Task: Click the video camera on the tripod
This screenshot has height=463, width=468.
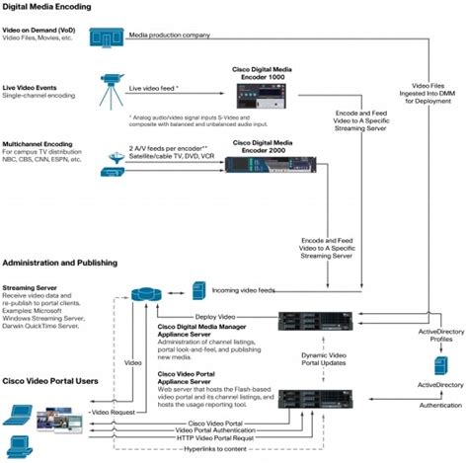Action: (110, 85)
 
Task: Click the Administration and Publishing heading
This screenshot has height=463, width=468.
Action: (60, 264)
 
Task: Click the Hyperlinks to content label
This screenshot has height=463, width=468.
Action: (204, 450)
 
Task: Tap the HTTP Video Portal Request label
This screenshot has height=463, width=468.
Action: (210, 434)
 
